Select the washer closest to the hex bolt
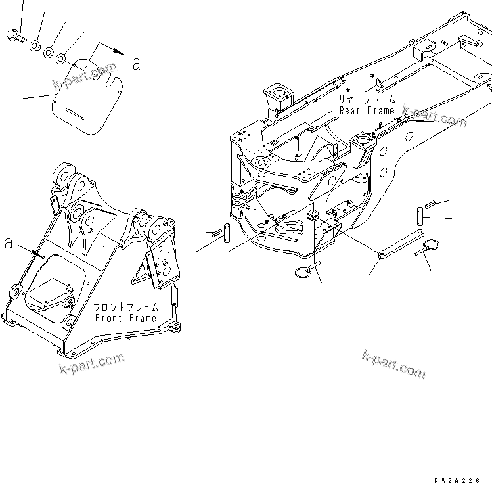(x=35, y=45)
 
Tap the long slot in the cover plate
(x=81, y=116)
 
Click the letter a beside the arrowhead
(x=137, y=64)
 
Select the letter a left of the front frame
(x=9, y=243)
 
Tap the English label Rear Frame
(x=367, y=110)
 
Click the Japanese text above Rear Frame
(x=367, y=100)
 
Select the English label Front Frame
(x=125, y=318)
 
